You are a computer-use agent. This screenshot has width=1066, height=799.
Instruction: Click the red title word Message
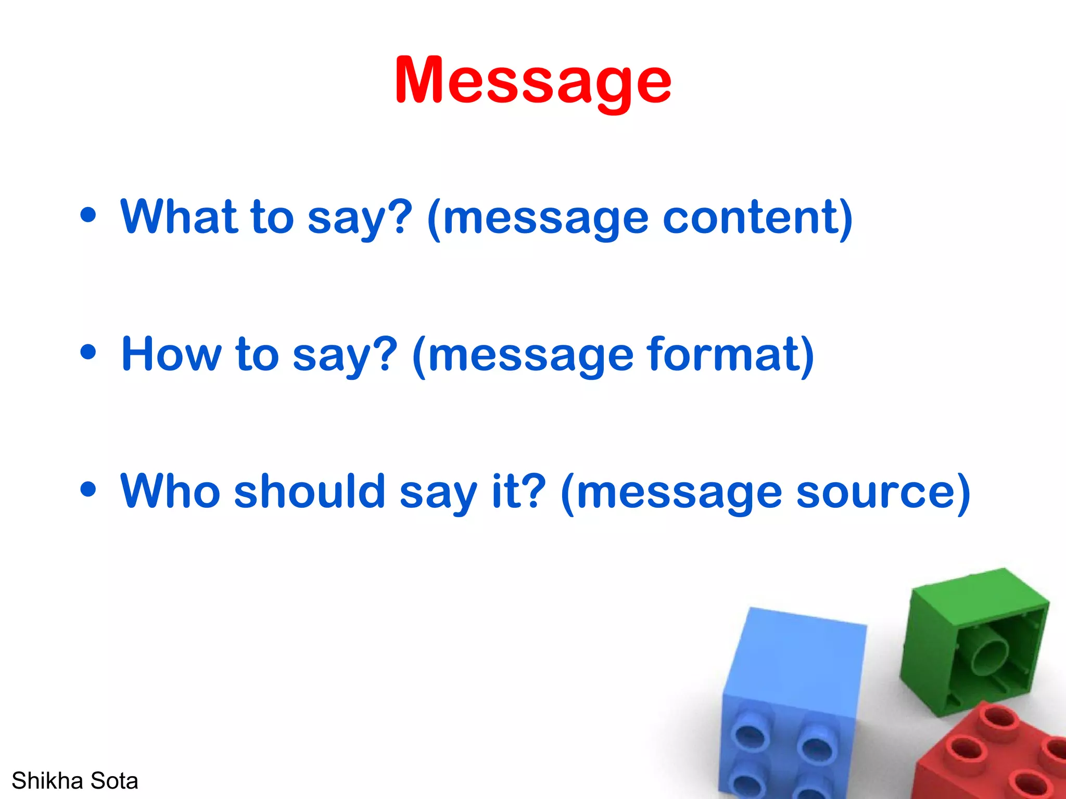pyautogui.click(x=532, y=81)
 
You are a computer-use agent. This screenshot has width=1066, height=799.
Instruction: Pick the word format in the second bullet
pyautogui.click(x=724, y=354)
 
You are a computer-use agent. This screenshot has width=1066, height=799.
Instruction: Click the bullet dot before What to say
pyautogui.click(x=88, y=214)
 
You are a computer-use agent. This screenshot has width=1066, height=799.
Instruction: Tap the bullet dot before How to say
pyautogui.click(x=88, y=352)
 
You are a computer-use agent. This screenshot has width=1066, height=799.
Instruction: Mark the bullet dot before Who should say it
pyautogui.click(x=88, y=489)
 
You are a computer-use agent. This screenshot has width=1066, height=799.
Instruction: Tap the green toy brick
pyautogui.click(x=973, y=640)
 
